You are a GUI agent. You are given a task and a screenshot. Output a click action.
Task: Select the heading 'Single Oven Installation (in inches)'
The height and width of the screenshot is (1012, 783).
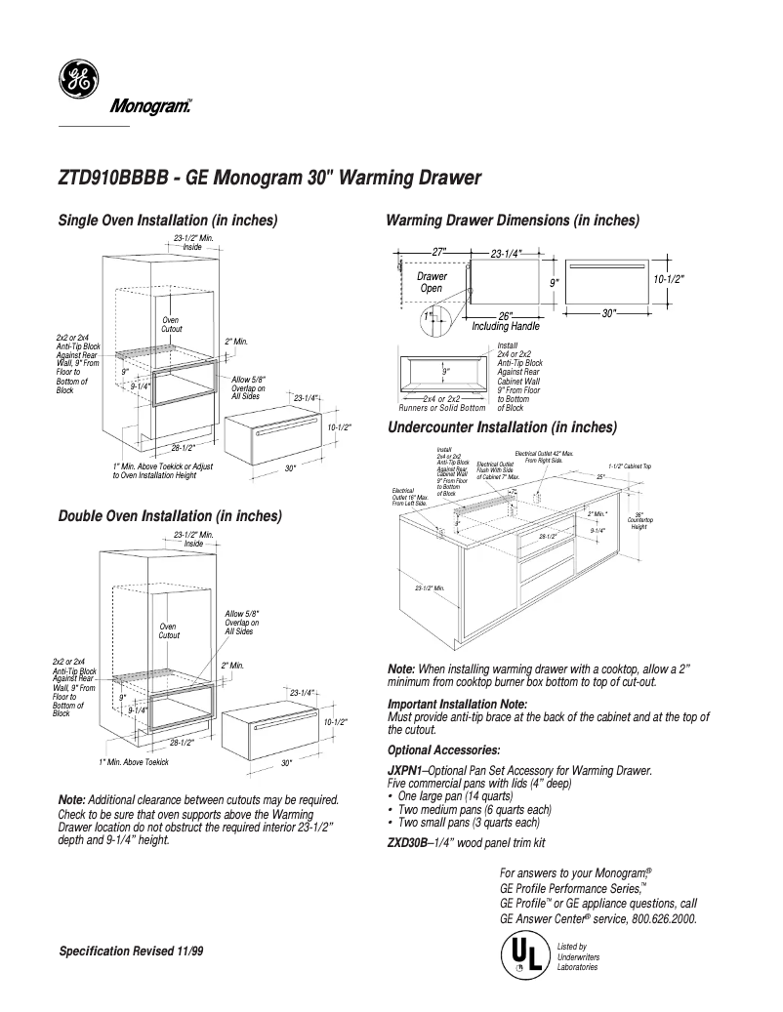pyautogui.click(x=169, y=221)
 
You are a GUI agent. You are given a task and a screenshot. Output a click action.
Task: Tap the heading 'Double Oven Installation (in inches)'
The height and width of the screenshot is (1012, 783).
pyautogui.click(x=171, y=515)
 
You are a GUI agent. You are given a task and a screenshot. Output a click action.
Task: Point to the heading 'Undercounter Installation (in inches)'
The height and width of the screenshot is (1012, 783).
pyautogui.click(x=503, y=427)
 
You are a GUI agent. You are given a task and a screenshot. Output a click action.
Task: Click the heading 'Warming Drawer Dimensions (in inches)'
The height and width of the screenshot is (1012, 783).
pyautogui.click(x=514, y=221)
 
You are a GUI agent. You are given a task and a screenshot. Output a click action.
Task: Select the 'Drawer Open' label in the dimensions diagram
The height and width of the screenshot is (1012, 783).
pyautogui.click(x=432, y=282)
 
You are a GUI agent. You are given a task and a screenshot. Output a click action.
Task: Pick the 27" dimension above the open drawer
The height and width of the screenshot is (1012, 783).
pyautogui.click(x=439, y=253)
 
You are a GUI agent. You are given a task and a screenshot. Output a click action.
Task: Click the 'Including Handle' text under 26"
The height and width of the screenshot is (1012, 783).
pyautogui.click(x=506, y=326)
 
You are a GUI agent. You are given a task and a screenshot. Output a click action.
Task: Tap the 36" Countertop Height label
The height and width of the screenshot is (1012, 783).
pyautogui.click(x=639, y=520)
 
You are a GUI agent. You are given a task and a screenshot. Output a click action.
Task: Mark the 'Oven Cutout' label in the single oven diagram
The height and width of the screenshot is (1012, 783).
pyautogui.click(x=171, y=325)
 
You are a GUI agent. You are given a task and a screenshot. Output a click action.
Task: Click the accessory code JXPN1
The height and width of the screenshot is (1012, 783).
pyautogui.click(x=405, y=771)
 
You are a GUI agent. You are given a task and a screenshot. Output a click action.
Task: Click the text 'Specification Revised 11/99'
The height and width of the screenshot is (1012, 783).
pyautogui.click(x=132, y=951)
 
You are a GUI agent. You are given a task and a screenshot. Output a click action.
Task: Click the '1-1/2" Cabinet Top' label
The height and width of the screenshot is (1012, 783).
pyautogui.click(x=629, y=466)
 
